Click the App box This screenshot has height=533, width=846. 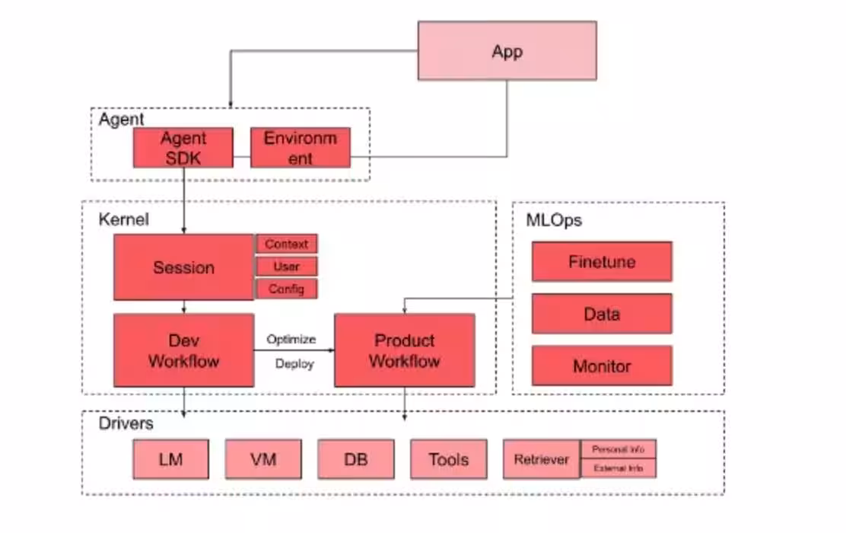(507, 50)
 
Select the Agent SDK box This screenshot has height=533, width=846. (183, 148)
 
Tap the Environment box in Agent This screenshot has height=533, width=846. (300, 148)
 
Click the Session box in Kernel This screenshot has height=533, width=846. (183, 267)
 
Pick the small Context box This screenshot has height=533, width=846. (287, 244)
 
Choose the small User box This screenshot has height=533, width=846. (287, 266)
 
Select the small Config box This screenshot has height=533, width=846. (287, 289)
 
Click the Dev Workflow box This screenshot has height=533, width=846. (183, 350)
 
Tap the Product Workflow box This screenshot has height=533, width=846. (404, 350)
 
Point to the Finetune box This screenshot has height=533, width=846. (601, 262)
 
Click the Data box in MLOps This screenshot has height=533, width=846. (601, 314)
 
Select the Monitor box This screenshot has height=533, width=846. (601, 366)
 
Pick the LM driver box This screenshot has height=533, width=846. (170, 459)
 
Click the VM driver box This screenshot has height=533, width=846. (263, 459)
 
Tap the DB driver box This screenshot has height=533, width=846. (356, 459)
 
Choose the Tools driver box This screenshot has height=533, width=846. (448, 459)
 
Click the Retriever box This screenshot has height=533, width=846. (541, 459)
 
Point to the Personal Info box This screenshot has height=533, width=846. (618, 449)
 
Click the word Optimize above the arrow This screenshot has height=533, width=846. (291, 339)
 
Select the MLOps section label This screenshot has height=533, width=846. (554, 220)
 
